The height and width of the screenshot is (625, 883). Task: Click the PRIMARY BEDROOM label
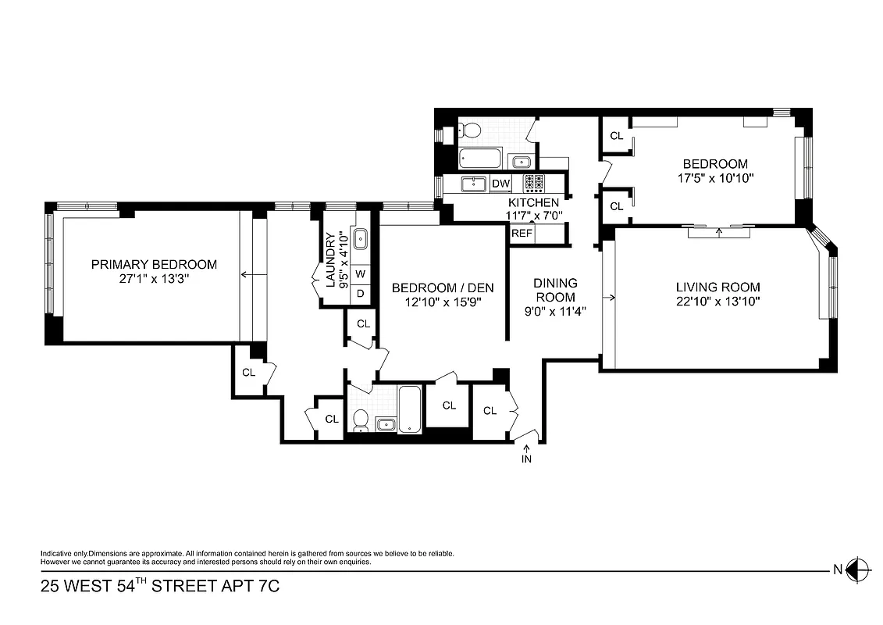click(154, 264)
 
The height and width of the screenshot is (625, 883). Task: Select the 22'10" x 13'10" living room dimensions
click(717, 301)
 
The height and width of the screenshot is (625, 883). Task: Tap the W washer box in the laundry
click(361, 274)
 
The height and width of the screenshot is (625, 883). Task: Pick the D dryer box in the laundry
click(361, 294)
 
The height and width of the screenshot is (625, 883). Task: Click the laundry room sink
click(361, 239)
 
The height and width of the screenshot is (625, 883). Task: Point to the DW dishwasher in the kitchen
click(500, 184)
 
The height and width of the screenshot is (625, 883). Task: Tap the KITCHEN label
click(533, 203)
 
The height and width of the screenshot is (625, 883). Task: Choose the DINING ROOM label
click(555, 290)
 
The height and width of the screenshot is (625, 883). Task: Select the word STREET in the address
click(188, 585)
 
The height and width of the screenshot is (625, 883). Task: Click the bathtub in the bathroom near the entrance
click(409, 408)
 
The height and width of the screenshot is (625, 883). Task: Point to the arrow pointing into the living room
click(611, 297)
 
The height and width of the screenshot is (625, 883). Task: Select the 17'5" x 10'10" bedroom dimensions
click(714, 177)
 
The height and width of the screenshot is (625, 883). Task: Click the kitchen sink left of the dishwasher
click(473, 184)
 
